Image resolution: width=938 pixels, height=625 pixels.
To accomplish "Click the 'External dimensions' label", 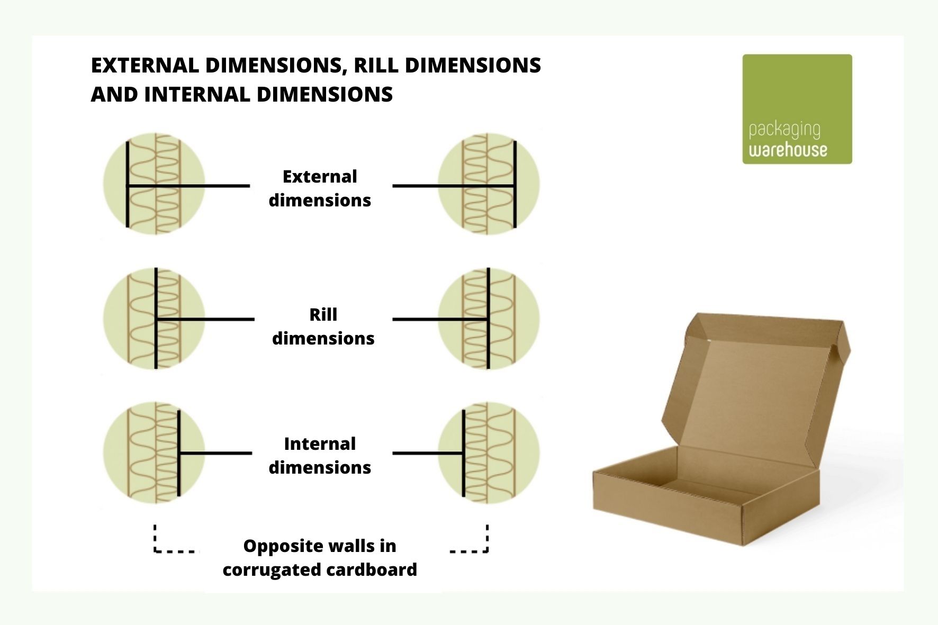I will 320,188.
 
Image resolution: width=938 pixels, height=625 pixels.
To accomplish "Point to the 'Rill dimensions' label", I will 323,326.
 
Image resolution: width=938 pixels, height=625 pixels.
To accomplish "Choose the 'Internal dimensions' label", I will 320,455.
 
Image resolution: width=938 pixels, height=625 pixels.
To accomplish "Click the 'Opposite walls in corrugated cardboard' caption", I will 320,558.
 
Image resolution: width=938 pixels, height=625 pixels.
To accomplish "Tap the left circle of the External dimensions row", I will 154,184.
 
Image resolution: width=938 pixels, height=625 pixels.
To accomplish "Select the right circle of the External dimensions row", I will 489,184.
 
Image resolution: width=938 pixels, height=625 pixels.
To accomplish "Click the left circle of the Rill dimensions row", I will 154,319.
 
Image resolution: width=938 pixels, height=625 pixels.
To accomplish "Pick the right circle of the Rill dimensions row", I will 489,319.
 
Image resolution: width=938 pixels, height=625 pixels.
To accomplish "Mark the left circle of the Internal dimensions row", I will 154,453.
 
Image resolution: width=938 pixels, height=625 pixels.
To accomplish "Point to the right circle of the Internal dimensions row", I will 489,453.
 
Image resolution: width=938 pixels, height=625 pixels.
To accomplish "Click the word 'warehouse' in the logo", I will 788,150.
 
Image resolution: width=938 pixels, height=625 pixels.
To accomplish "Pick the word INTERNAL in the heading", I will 197,94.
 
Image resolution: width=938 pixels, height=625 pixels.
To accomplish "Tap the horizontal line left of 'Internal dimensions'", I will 215,453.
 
